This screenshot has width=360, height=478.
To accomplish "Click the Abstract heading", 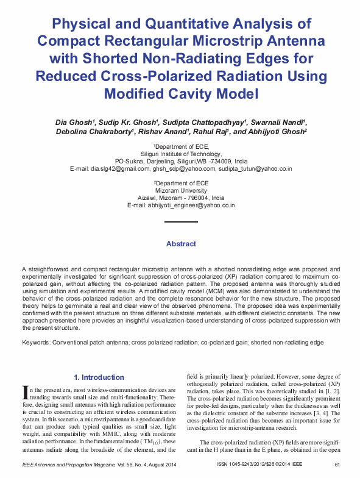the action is point(181,244).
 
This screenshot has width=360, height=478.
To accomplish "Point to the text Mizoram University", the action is point(181,190).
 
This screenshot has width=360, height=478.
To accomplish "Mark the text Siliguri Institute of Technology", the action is point(181,154).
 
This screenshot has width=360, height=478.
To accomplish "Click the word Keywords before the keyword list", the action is point(36,343).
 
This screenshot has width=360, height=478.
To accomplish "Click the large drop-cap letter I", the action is point(26,392).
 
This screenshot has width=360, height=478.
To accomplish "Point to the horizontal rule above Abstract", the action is point(181,223).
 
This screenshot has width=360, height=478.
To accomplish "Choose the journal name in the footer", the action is point(67,465).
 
